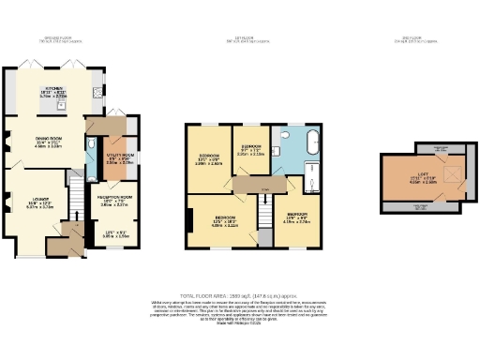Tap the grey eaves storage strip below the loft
(x=419, y=207)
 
